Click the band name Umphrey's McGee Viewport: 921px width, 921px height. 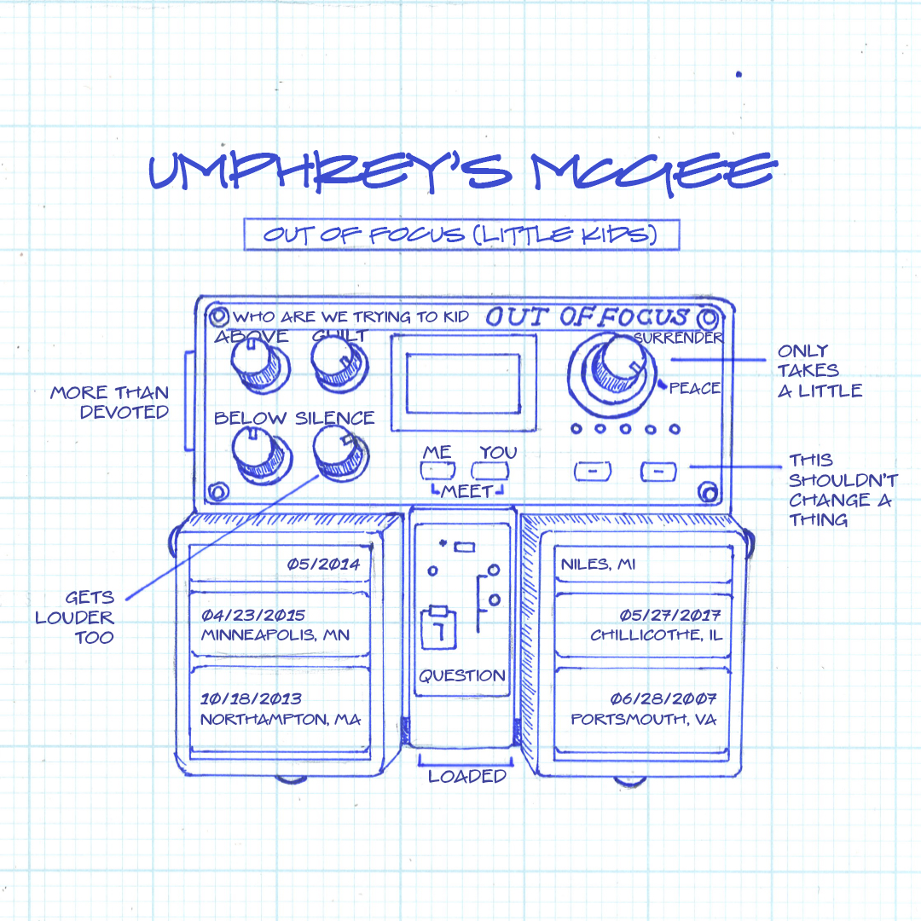pyautogui.click(x=461, y=173)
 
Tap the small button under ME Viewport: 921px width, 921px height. pyautogui.click(x=438, y=470)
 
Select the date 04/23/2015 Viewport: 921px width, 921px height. pyautogui.click(x=253, y=615)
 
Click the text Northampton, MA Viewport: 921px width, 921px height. pyautogui.click(x=281, y=720)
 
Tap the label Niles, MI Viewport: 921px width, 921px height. pyautogui.click(x=598, y=565)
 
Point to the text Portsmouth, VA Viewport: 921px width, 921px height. pyautogui.click(x=643, y=720)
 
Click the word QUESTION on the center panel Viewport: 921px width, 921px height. pyautogui.click(x=462, y=675)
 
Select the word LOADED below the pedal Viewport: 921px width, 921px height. pyautogui.click(x=467, y=776)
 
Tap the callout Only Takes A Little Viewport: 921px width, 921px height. pyautogui.click(x=820, y=371)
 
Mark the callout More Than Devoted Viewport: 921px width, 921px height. pyautogui.click(x=109, y=403)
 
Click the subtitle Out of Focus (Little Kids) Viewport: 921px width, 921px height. pyautogui.click(x=460, y=235)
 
